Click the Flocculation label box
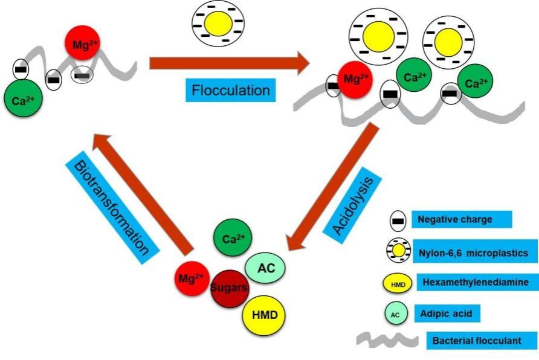(230, 91)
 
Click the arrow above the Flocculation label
(228, 63)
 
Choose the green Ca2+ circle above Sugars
(233, 239)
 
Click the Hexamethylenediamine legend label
(473, 283)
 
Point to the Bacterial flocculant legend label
(482, 340)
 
